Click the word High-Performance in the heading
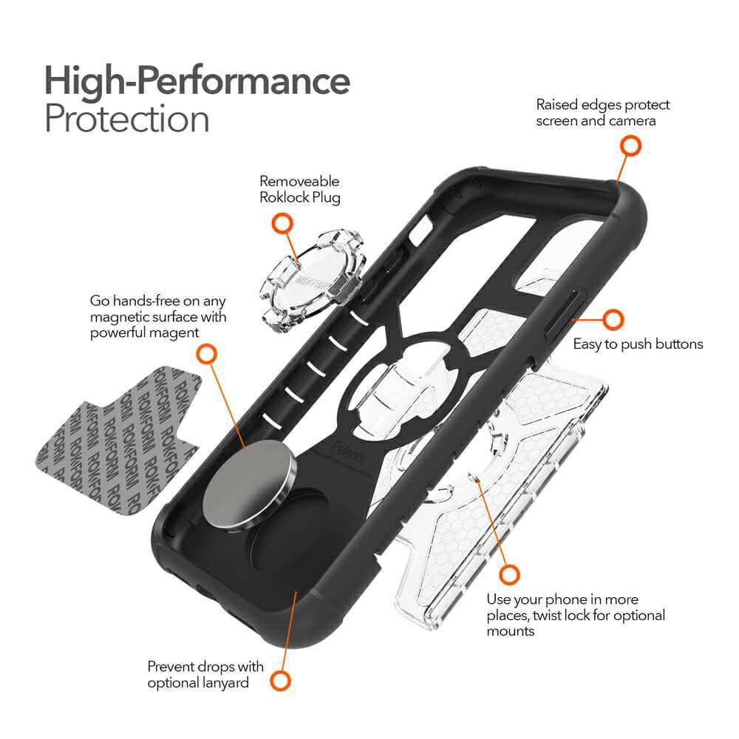(x=197, y=79)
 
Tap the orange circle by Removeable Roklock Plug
(x=281, y=222)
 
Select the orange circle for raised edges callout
(x=630, y=146)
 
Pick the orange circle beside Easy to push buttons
(x=613, y=320)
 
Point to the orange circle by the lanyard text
(x=279, y=681)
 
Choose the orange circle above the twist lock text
(x=509, y=574)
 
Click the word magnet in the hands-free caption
(x=173, y=333)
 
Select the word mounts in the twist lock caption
(x=511, y=632)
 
